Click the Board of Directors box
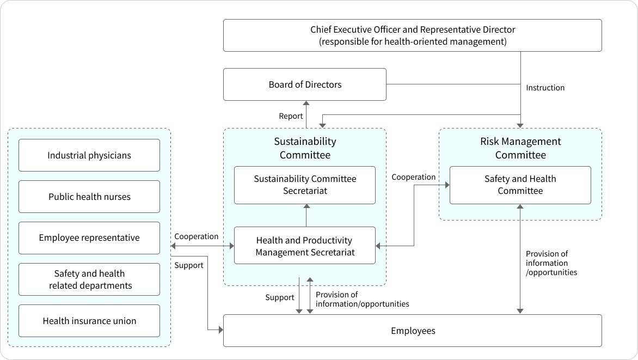click(305, 84)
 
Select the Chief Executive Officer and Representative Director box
click(412, 35)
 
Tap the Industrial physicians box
click(89, 155)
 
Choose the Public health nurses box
click(89, 197)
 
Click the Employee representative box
click(89, 238)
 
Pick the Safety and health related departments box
click(89, 279)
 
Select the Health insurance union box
click(89, 321)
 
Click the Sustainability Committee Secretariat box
click(305, 185)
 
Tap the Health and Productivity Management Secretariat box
click(305, 246)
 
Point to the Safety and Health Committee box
click(520, 185)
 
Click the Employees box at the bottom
click(412, 331)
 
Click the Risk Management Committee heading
click(520, 148)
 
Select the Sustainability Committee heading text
click(305, 148)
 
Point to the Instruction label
click(545, 88)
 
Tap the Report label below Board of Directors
click(291, 116)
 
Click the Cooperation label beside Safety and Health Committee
click(414, 177)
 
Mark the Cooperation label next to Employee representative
click(196, 236)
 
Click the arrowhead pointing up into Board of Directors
click(306, 103)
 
